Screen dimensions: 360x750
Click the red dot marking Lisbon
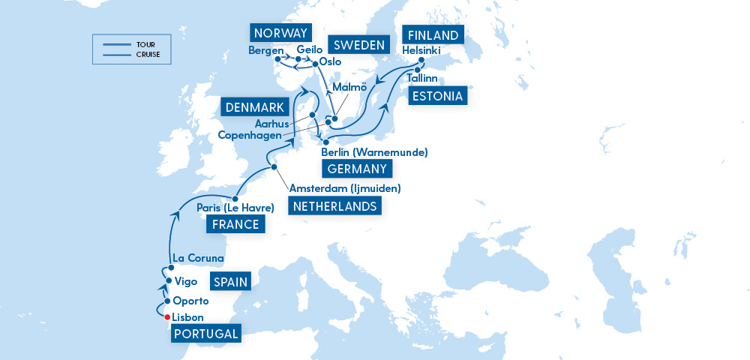point(166,316)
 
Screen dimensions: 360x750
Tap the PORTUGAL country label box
point(206,334)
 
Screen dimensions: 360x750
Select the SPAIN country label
point(229,282)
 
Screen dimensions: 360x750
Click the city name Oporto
point(190,301)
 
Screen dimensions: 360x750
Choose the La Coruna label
point(198,258)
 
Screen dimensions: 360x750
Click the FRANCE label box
point(236,224)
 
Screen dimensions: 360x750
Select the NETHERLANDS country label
point(334,206)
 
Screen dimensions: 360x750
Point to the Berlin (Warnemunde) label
point(374,152)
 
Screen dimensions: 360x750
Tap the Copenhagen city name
point(250,135)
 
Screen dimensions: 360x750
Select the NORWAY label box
point(280,33)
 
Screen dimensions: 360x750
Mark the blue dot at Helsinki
point(421,61)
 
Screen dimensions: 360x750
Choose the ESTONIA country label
point(437,96)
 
